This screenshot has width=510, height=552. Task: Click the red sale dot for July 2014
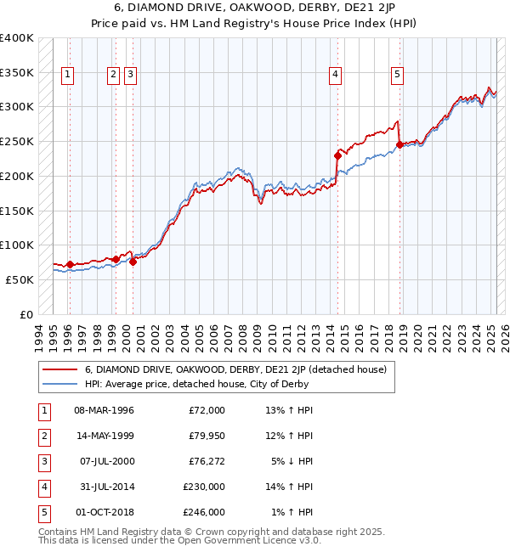[x=337, y=155]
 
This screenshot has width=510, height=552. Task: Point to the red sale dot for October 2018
[x=399, y=144]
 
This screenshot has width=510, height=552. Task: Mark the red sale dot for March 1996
[x=70, y=264]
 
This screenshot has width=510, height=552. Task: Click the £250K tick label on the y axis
[x=16, y=142]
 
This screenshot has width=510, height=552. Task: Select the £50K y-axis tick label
[x=20, y=279]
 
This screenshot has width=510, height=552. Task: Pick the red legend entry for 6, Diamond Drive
[x=235, y=369]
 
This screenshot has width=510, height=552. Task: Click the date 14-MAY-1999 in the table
[x=104, y=437]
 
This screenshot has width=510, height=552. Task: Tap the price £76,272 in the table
[x=207, y=462]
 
